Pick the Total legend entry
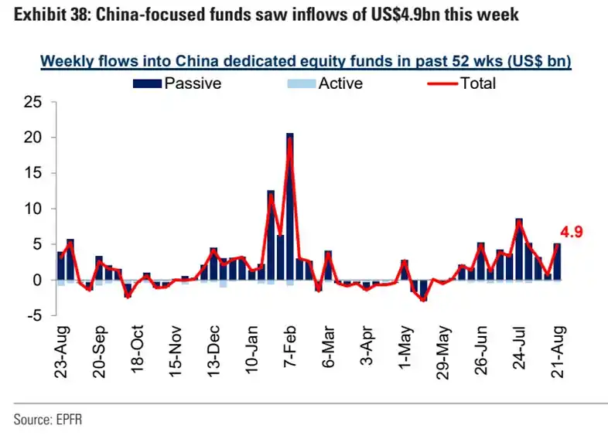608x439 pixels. [477, 83]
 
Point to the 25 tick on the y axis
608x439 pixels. [33, 102]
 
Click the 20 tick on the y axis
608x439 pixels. [33, 138]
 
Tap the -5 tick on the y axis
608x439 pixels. [33, 315]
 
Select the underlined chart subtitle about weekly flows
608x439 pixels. [305, 62]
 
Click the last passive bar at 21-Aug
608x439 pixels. [557, 262]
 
